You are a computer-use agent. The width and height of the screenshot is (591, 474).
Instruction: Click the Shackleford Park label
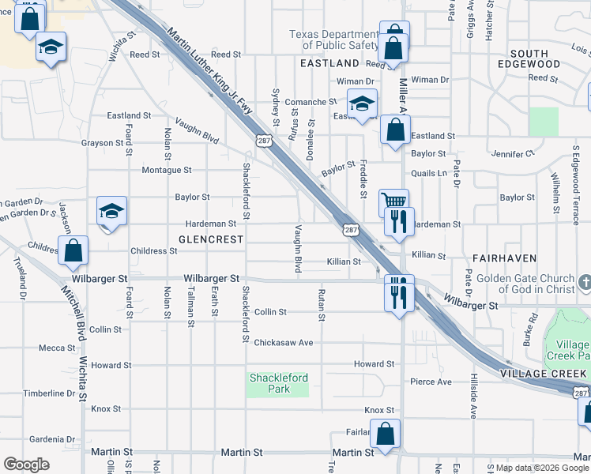tap(279, 383)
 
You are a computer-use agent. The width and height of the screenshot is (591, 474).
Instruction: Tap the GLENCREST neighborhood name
tap(211, 239)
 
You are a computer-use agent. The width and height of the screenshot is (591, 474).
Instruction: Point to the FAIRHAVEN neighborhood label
tap(505, 258)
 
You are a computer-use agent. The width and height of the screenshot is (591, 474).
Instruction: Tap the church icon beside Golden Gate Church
tap(585, 282)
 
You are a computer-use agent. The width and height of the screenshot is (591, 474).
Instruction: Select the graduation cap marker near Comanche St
tap(362, 103)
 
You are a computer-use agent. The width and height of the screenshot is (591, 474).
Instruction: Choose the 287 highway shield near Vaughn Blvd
tap(262, 140)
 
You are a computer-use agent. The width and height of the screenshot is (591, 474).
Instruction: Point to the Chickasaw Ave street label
tap(284, 343)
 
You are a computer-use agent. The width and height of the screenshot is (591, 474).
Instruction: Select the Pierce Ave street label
tap(431, 382)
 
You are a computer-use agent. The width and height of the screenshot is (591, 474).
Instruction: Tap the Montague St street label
tap(166, 170)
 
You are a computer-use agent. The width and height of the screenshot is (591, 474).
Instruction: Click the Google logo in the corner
tap(26, 465)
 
